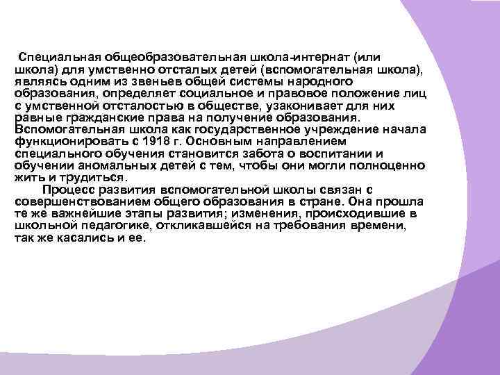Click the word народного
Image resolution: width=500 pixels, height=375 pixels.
pyautogui.click(x=329, y=81)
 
